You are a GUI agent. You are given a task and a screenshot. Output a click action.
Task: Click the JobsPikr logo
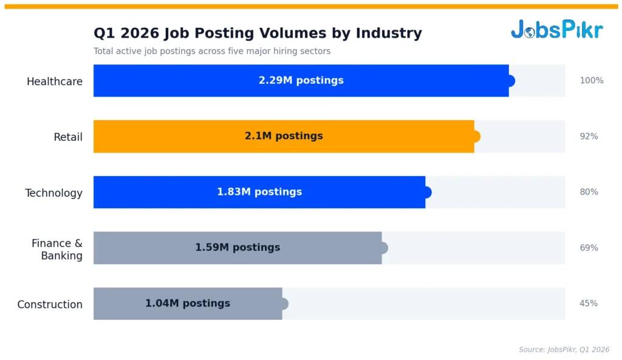click(556, 29)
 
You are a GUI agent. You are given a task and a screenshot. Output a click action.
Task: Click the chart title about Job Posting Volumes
click(258, 33)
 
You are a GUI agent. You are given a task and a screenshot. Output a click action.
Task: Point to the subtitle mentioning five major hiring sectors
click(212, 51)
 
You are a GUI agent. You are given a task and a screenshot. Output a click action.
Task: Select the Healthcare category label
click(55, 81)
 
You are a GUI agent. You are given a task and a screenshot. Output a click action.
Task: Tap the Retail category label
click(68, 137)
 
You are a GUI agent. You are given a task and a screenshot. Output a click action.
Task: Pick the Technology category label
click(53, 193)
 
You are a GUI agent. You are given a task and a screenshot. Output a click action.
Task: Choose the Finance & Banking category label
click(57, 249)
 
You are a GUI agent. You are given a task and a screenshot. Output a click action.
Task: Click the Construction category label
click(50, 304)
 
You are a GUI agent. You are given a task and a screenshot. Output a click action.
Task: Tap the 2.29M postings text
click(301, 80)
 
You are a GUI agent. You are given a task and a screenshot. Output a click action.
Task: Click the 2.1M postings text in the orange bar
click(284, 136)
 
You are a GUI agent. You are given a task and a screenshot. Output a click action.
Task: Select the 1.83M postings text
click(259, 192)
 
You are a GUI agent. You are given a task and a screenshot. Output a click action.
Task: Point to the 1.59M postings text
click(238, 247)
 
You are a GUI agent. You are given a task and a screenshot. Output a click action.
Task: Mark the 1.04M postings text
click(188, 303)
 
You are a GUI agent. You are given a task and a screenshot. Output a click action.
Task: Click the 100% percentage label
click(591, 80)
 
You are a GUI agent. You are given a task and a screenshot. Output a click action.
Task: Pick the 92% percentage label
click(589, 136)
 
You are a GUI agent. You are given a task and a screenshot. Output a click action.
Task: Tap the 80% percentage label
click(589, 192)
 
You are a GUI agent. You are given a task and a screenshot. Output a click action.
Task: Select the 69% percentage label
click(589, 248)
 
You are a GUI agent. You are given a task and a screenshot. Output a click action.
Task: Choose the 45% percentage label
click(589, 303)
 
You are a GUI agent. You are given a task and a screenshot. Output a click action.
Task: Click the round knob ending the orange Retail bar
click(476, 136)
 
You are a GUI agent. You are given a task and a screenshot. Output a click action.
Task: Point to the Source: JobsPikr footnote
click(564, 349)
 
